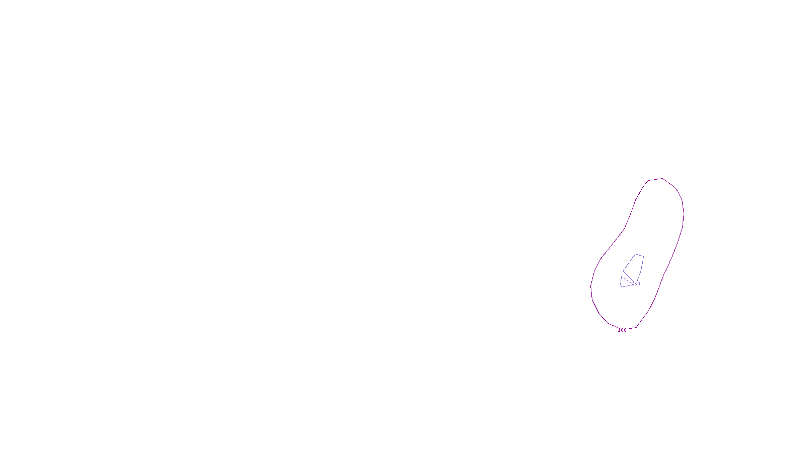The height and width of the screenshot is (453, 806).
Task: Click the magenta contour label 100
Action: (x=622, y=330)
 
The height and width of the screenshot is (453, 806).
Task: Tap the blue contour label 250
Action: (x=636, y=284)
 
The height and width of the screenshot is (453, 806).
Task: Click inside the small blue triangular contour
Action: (x=625, y=282)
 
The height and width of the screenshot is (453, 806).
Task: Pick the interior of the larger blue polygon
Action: (x=635, y=267)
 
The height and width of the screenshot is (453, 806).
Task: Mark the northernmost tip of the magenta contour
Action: (x=662, y=178)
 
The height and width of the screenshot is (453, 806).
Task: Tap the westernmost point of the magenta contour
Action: (x=590, y=288)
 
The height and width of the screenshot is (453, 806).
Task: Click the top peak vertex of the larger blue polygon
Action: (x=636, y=254)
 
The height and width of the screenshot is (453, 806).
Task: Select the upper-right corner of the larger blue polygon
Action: (x=643, y=256)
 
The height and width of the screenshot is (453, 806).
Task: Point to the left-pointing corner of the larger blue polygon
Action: (x=623, y=271)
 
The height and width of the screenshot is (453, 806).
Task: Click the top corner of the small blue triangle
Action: (x=622, y=277)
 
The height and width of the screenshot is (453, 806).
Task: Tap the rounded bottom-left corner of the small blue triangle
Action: (x=622, y=286)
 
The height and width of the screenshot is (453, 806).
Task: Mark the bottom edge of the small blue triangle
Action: (x=627, y=286)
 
